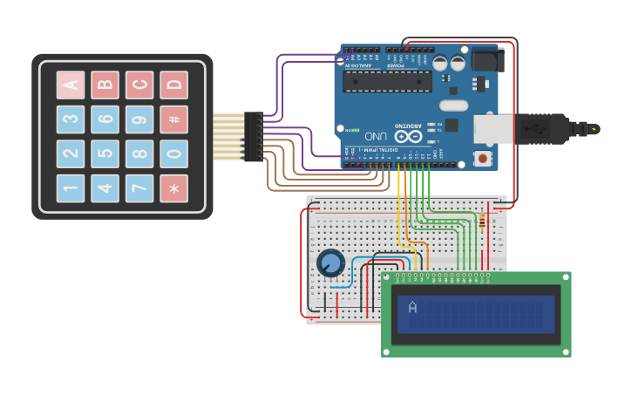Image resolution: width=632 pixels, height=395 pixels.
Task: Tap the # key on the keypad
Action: (173, 119)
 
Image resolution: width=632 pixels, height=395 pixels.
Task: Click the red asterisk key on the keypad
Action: (173, 188)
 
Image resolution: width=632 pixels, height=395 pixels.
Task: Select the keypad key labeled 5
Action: (105, 153)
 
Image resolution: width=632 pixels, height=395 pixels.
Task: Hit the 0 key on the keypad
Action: (173, 153)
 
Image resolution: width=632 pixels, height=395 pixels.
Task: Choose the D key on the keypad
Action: (173, 85)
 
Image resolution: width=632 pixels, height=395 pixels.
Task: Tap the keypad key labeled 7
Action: (139, 188)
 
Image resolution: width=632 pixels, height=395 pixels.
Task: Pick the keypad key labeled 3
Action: (71, 119)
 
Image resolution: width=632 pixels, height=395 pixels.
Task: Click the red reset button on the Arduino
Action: (481, 159)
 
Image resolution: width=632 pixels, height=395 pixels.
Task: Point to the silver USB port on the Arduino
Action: (493, 128)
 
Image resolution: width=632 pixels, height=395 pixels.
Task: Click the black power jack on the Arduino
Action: (486, 59)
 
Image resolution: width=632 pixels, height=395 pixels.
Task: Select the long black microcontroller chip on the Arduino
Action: (387, 81)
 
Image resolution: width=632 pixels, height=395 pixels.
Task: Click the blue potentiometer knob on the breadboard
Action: (331, 262)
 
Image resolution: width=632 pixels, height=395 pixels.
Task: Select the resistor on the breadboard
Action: (482, 221)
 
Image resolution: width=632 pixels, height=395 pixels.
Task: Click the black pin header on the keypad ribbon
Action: (253, 136)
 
